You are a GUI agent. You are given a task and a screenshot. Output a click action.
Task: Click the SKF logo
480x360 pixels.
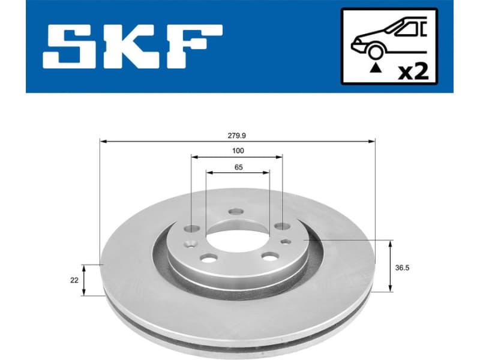[132, 46]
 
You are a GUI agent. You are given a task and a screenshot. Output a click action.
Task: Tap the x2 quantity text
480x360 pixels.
[413, 73]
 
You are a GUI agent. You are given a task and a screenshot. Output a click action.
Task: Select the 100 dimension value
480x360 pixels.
[238, 151]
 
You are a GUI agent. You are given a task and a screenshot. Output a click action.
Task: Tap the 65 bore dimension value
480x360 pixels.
[238, 167]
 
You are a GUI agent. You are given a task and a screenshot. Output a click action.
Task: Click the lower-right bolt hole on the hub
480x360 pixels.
[269, 257]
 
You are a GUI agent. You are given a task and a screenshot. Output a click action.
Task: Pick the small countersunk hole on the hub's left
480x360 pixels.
[191, 244]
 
